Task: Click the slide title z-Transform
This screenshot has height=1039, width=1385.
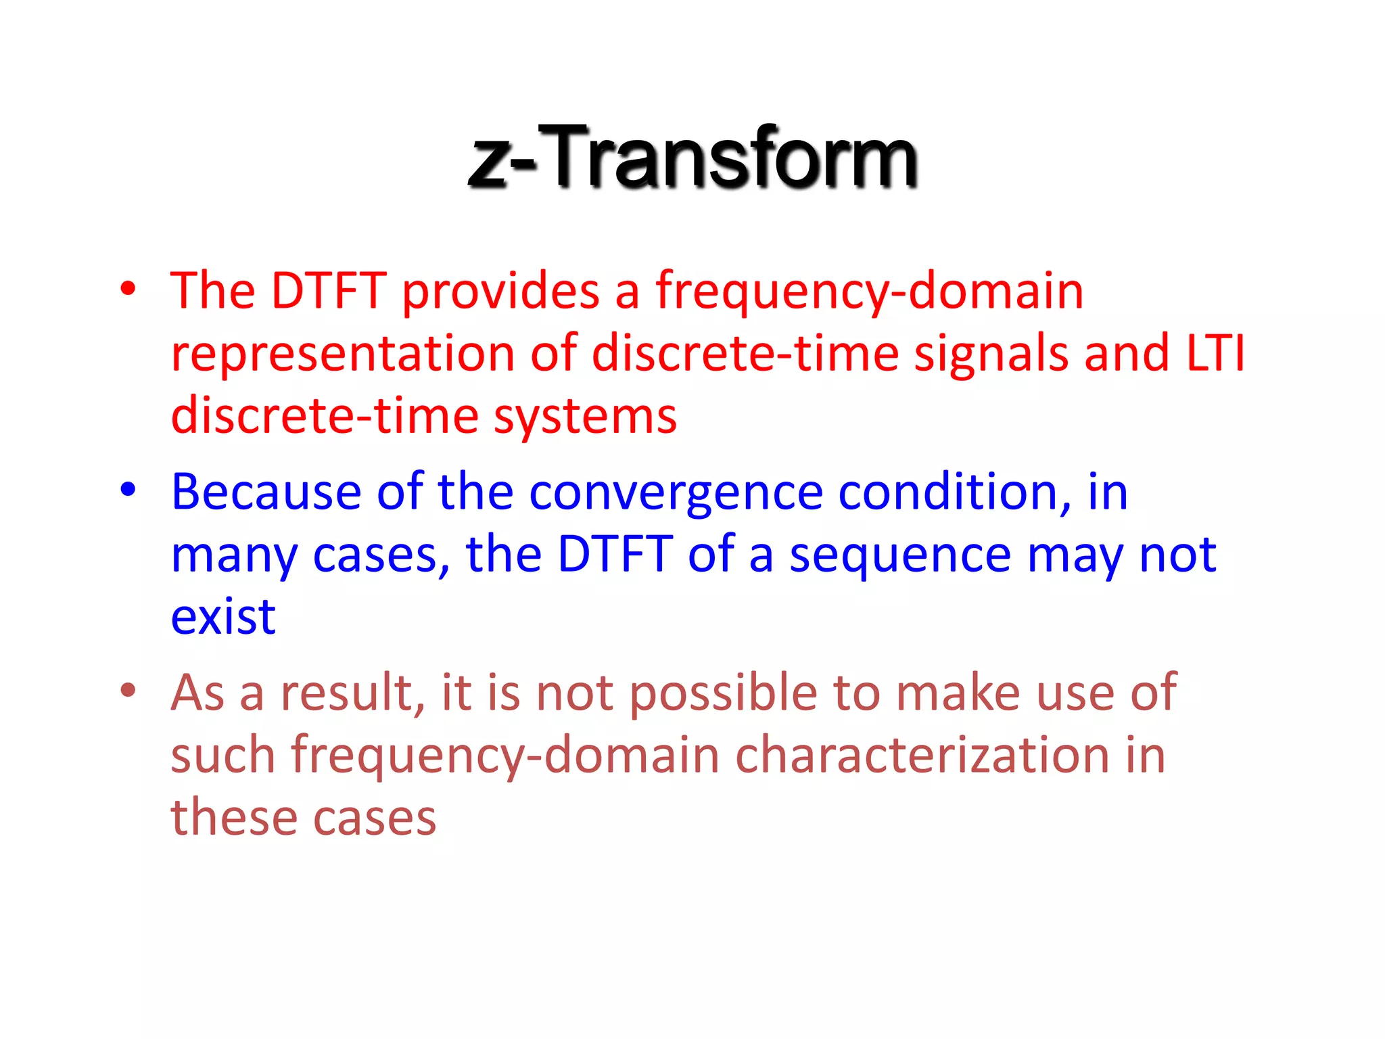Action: click(x=692, y=157)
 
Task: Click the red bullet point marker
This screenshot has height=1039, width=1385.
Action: click(x=128, y=290)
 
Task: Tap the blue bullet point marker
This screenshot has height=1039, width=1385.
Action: click(x=128, y=490)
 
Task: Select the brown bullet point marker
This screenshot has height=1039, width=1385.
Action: click(x=128, y=691)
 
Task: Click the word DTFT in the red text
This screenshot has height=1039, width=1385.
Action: click(x=329, y=291)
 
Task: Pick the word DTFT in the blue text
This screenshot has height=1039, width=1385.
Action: click(x=615, y=555)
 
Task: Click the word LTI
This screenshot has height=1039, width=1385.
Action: click(x=1215, y=353)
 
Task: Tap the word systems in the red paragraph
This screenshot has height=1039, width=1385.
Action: click(x=585, y=417)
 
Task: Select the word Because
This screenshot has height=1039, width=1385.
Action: click(x=266, y=492)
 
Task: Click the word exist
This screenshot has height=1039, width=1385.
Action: click(x=223, y=618)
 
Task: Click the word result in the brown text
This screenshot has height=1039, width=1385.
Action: click(x=352, y=693)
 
